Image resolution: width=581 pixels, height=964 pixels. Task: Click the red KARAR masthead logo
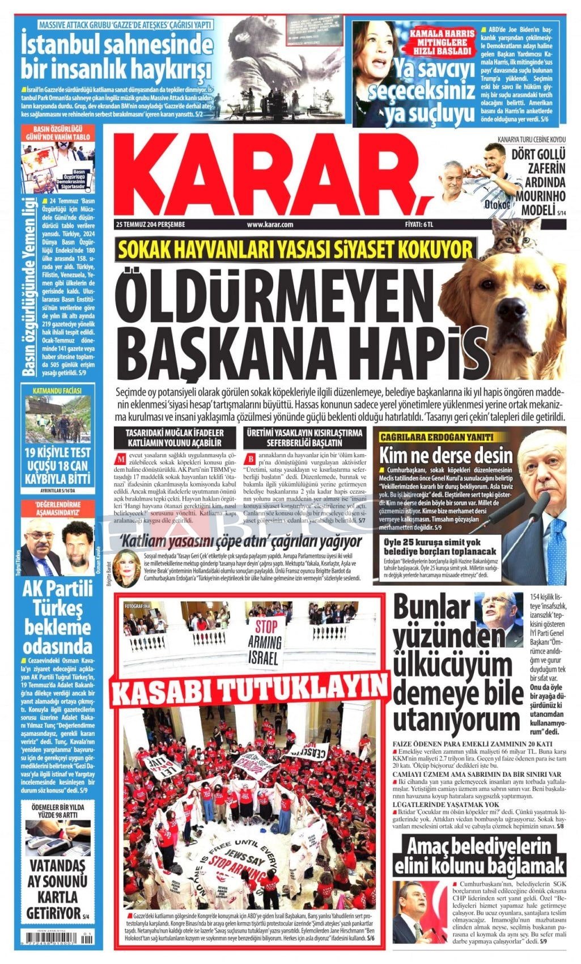pyautogui.click(x=272, y=176)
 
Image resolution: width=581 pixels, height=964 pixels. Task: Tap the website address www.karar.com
pyautogui.click(x=270, y=225)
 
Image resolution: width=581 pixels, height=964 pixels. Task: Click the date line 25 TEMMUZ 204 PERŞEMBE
pyautogui.click(x=150, y=225)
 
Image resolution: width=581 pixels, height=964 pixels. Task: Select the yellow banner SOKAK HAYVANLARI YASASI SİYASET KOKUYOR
pyautogui.click(x=295, y=249)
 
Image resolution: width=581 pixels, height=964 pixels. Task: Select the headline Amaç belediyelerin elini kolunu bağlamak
pyautogui.click(x=483, y=857)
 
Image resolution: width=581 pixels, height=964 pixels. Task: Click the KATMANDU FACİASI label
pyautogui.click(x=57, y=391)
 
